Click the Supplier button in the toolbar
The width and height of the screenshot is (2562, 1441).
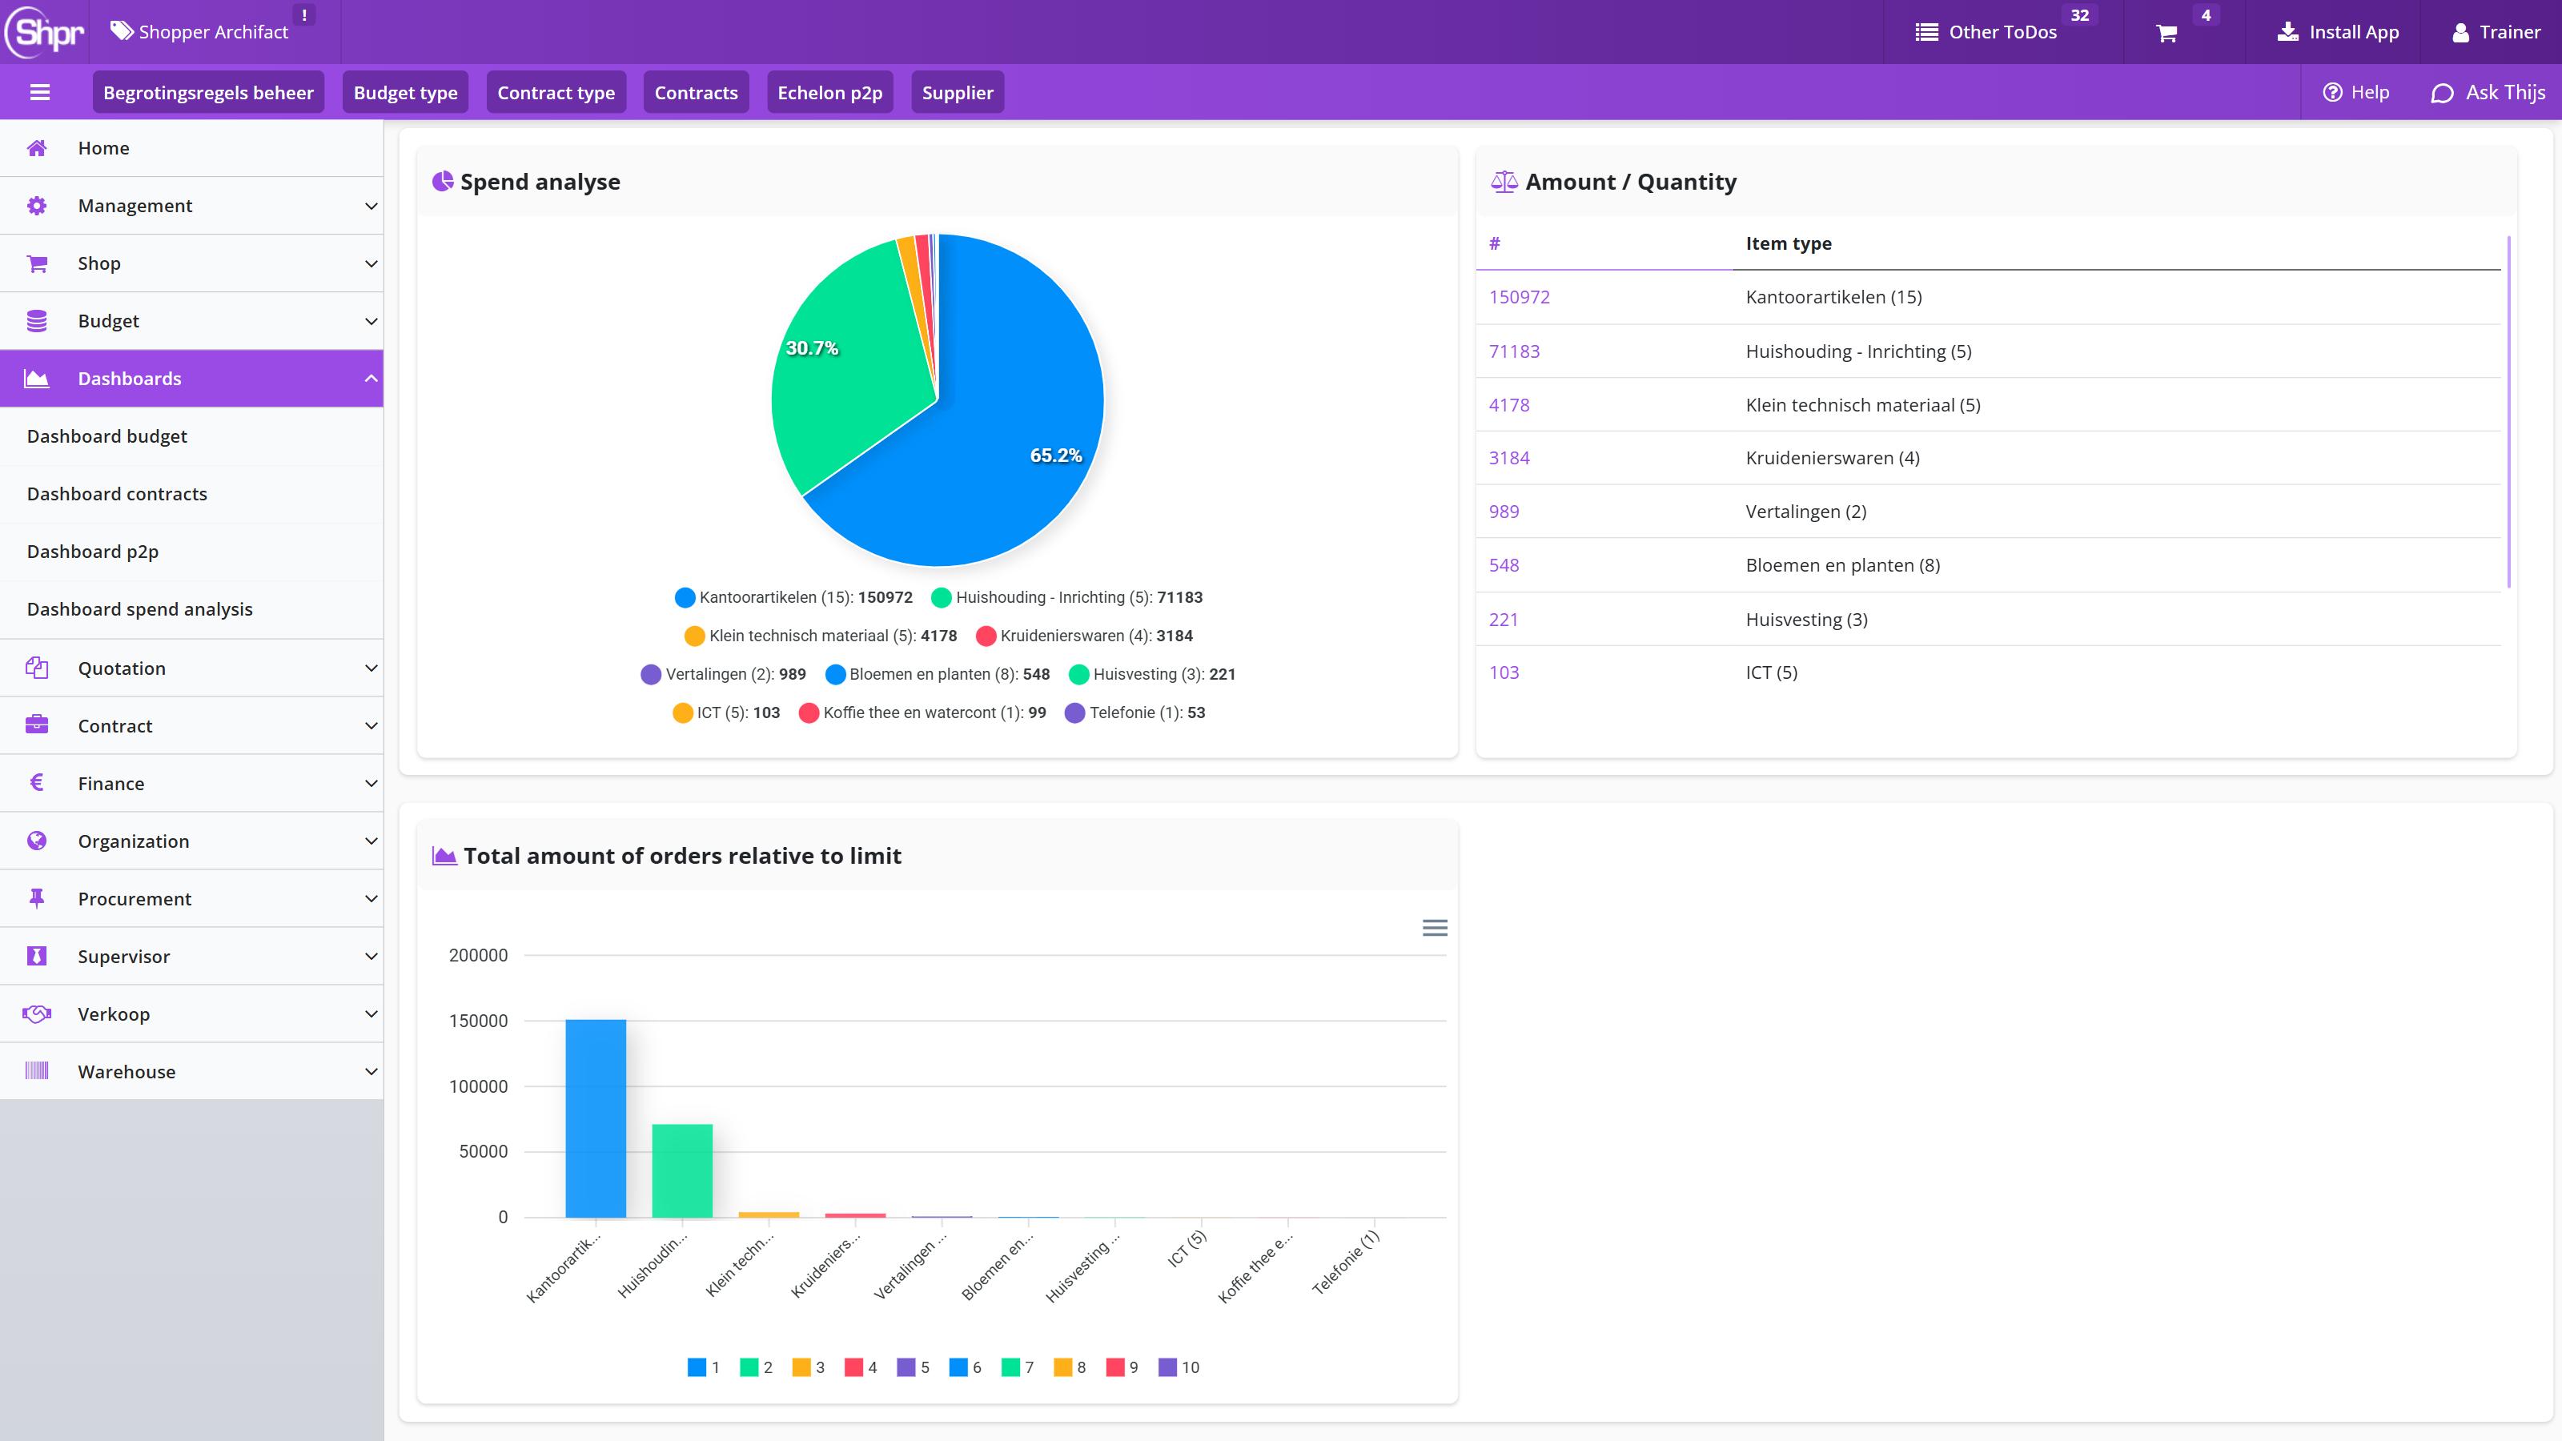point(957,93)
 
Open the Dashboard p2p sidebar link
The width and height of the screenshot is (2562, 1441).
point(93,551)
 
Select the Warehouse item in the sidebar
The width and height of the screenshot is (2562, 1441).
point(126,1071)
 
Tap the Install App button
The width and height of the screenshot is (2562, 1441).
point(2338,32)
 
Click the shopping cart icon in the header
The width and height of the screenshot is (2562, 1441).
point(2167,33)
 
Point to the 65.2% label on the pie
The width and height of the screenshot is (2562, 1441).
point(1055,455)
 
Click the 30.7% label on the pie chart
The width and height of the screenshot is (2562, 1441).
point(812,348)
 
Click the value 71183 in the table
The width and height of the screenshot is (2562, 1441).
point(1514,351)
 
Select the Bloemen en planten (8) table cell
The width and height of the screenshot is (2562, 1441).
point(1843,565)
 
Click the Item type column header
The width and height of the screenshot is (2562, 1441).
point(1789,243)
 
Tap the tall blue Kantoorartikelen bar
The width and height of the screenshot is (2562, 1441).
point(596,1118)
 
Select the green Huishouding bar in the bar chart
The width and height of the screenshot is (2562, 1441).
point(682,1170)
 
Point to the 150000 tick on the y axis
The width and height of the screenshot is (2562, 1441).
point(479,1021)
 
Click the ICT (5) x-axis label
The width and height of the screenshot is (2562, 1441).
point(1187,1248)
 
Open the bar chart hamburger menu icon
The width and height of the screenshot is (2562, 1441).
point(1434,928)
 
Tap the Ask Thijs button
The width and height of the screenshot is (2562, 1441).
point(2488,93)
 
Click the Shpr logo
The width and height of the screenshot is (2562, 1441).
point(45,32)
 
